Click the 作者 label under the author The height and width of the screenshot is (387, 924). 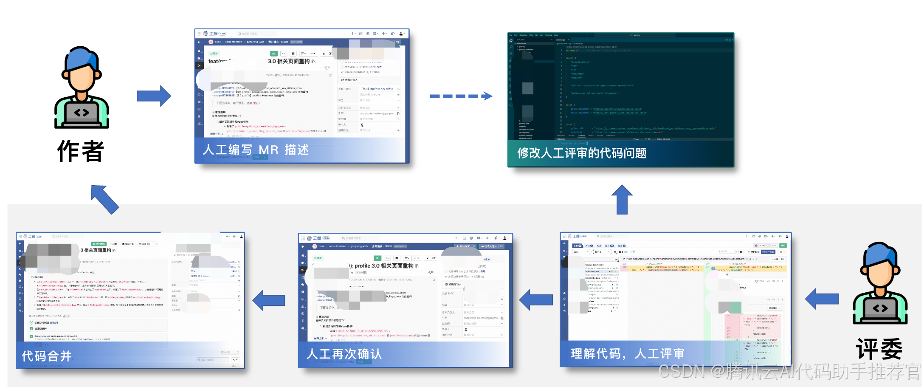(81, 151)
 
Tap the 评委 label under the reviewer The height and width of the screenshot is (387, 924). (879, 350)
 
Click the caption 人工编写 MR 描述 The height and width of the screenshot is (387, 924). (256, 150)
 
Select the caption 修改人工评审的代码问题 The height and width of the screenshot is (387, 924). (582, 153)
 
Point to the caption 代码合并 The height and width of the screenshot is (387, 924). (47, 356)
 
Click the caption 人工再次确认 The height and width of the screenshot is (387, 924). (344, 354)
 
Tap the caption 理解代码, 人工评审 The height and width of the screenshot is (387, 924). (627, 353)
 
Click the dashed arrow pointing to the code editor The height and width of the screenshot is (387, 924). (461, 96)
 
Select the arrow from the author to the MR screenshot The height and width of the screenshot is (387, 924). (154, 96)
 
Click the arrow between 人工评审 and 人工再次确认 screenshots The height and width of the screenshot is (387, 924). (536, 300)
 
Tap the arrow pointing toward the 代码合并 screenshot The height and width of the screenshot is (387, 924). (269, 300)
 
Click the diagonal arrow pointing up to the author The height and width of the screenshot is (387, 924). (104, 199)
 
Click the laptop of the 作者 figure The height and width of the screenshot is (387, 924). (82, 113)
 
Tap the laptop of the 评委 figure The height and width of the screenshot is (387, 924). (880, 309)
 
